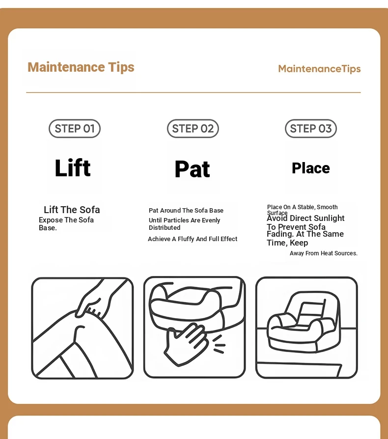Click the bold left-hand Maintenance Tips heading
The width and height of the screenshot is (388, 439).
tap(81, 67)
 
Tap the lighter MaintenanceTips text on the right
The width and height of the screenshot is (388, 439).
tap(319, 69)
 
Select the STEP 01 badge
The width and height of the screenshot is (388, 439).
tap(75, 129)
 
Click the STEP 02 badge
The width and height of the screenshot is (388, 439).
tap(193, 129)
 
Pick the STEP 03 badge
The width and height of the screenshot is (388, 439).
tap(311, 129)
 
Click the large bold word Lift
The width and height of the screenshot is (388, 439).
tap(73, 168)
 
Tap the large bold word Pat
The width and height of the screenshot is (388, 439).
tap(193, 169)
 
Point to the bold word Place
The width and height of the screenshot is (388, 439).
tap(311, 168)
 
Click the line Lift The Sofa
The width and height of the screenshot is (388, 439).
tap(72, 210)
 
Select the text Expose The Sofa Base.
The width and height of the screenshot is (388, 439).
tap(66, 224)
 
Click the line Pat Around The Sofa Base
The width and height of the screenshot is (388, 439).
tap(186, 211)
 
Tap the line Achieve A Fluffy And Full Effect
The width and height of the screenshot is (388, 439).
tap(193, 239)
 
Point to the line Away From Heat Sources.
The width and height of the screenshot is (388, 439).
tap(324, 253)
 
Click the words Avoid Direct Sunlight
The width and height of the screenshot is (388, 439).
tap(305, 218)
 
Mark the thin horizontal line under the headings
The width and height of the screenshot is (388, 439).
tap(194, 92)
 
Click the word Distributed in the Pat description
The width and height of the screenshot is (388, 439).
tap(165, 228)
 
